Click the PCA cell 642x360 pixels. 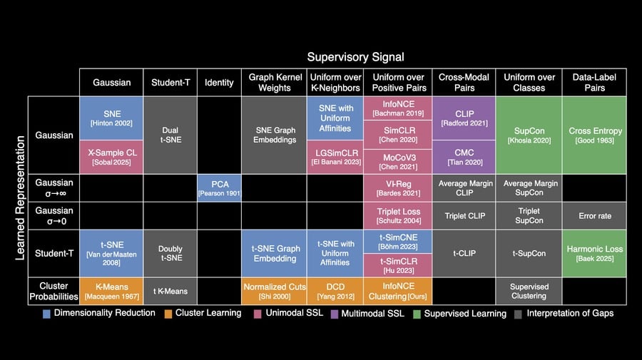pyautogui.click(x=219, y=188)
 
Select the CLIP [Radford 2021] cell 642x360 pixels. pyautogui.click(x=463, y=118)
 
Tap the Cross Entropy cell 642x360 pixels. pyautogui.click(x=595, y=135)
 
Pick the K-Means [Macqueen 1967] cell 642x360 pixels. pyautogui.click(x=111, y=290)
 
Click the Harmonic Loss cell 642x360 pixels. pyautogui.click(x=595, y=253)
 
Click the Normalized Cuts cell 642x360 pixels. pyautogui.click(x=274, y=290)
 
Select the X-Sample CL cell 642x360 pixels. pyautogui.click(x=111, y=157)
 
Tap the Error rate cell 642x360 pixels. pyautogui.click(x=595, y=216)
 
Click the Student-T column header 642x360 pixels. pyautogui.click(x=170, y=83)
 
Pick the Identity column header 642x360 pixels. pyautogui.click(x=219, y=83)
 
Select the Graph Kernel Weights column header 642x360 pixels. pyautogui.click(x=274, y=83)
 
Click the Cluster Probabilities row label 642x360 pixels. pyautogui.click(x=53, y=290)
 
